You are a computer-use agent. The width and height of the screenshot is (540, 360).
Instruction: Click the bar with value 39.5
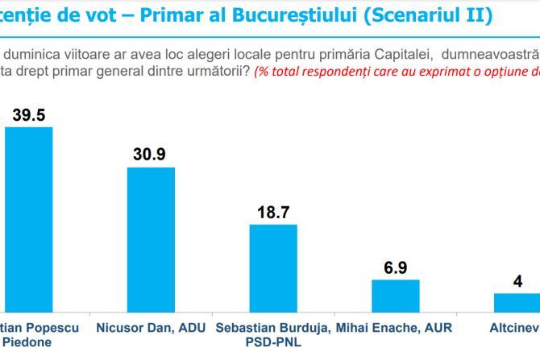(x=29, y=218)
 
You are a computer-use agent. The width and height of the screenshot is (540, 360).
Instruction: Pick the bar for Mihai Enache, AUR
(x=395, y=295)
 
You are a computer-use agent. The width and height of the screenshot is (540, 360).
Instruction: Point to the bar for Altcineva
(x=516, y=302)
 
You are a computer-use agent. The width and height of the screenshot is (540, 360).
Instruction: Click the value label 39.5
(x=28, y=115)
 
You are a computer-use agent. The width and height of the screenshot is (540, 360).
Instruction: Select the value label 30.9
(x=151, y=155)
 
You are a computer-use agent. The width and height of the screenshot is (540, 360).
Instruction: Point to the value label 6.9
(x=395, y=267)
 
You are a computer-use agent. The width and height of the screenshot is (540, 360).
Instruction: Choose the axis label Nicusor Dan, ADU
(x=151, y=328)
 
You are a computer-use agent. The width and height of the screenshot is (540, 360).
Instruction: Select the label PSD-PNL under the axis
(x=272, y=341)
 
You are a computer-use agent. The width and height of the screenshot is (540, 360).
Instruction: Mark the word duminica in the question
(x=35, y=53)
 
